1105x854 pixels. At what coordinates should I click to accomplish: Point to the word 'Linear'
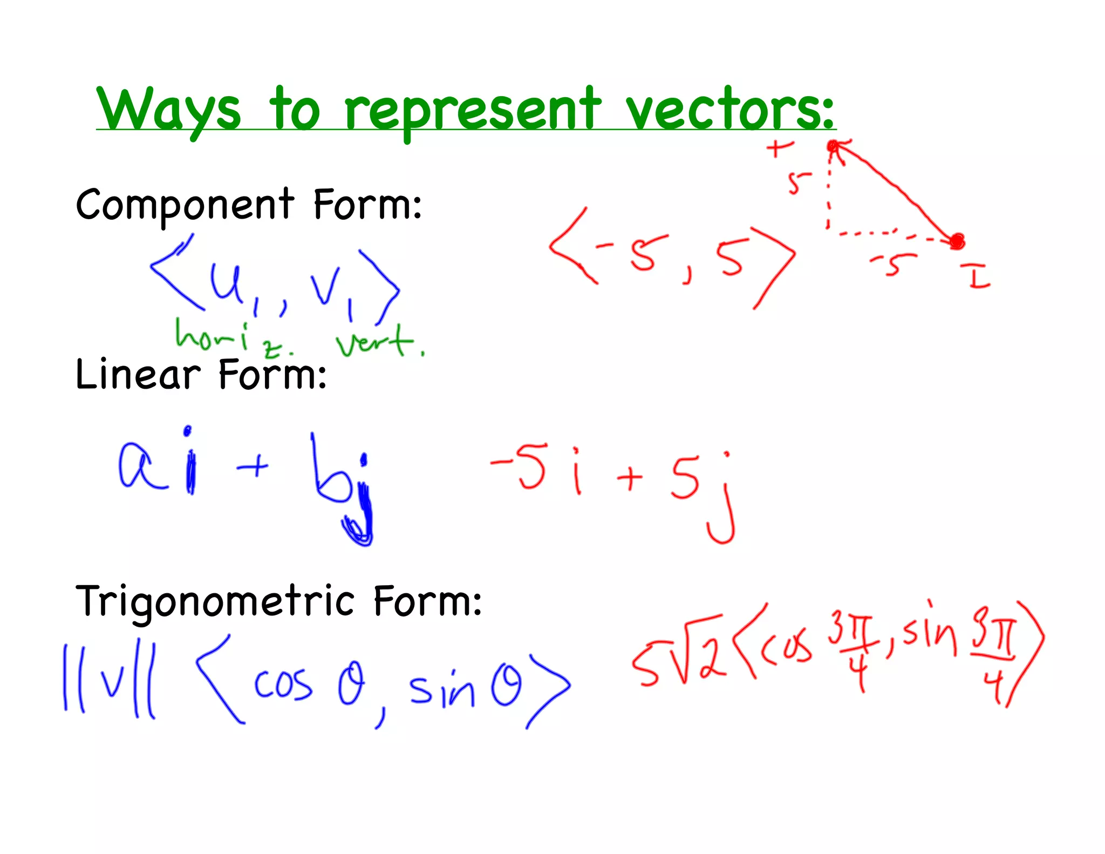pyautogui.click(x=138, y=375)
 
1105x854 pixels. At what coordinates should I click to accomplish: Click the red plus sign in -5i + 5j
pyautogui.click(x=630, y=477)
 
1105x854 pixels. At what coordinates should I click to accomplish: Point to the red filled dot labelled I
pyautogui.click(x=957, y=241)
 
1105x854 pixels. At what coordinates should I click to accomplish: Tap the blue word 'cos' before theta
pyautogui.click(x=283, y=684)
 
